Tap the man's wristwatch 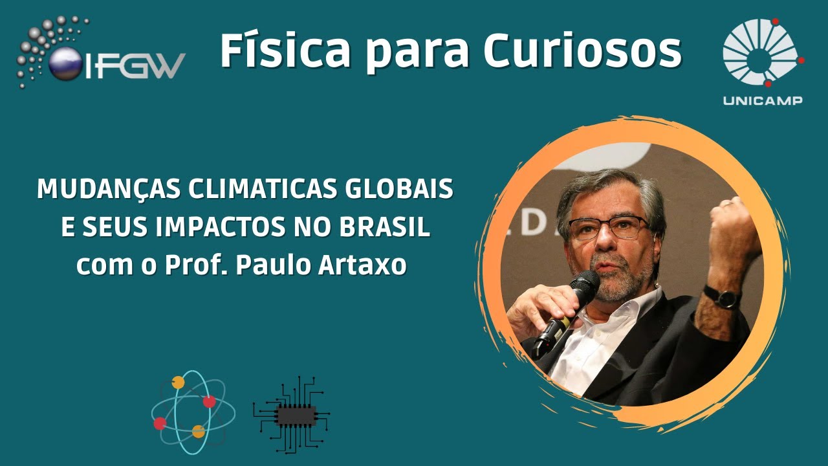723,296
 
